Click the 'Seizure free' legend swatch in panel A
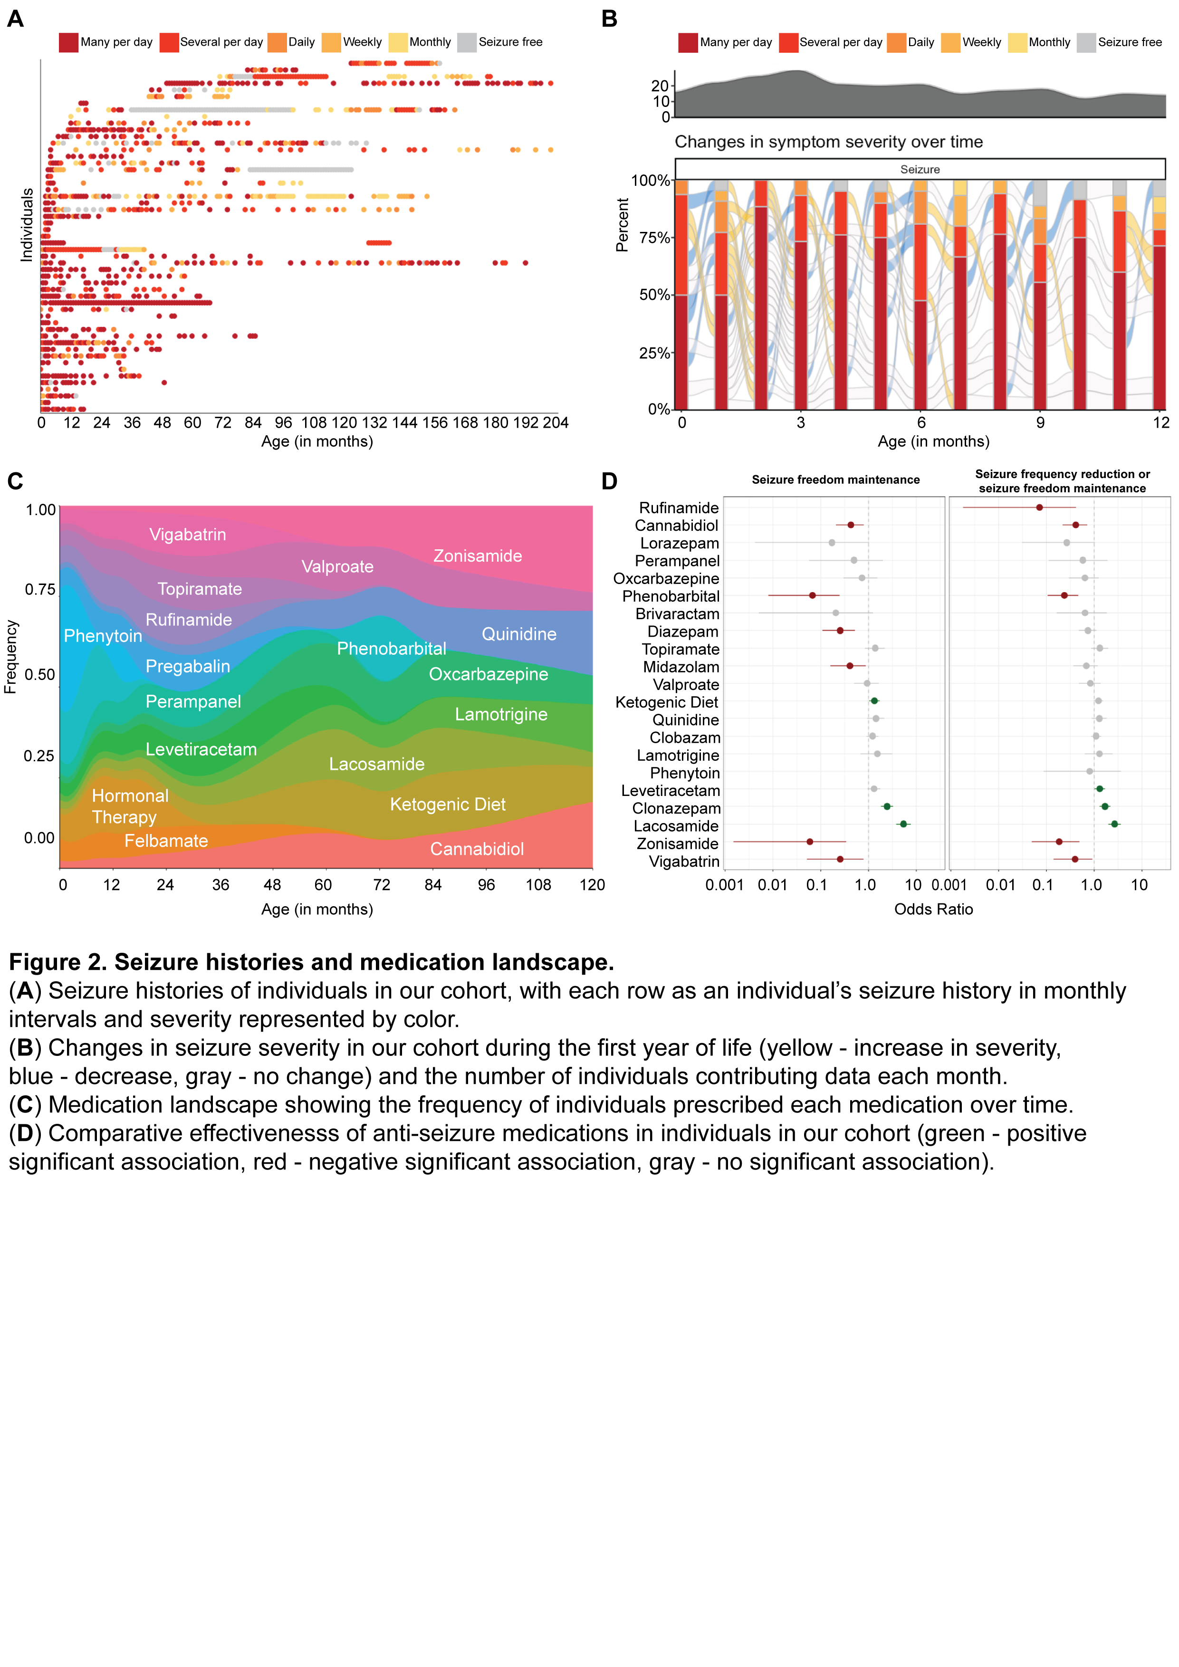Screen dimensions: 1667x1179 click(467, 43)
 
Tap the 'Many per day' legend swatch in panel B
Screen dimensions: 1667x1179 click(688, 43)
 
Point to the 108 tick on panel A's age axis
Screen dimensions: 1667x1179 click(314, 422)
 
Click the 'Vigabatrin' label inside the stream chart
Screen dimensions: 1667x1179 click(187, 535)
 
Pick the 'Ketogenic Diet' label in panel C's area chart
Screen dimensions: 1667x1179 click(447, 805)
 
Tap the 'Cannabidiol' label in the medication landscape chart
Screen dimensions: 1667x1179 click(476, 849)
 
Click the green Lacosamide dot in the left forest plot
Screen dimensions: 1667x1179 click(903, 824)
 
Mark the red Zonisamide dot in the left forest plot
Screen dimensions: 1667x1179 click(809, 842)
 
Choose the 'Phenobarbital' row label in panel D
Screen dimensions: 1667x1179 click(671, 596)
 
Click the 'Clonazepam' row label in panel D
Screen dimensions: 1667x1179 click(676, 808)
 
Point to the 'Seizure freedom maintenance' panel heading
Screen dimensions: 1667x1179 click(835, 480)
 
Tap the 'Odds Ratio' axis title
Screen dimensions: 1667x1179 click(933, 909)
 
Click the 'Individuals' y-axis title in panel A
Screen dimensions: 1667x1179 click(27, 225)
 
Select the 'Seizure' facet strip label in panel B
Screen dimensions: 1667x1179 click(920, 169)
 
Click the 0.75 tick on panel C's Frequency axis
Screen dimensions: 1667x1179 click(41, 590)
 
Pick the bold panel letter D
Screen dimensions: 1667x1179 click(609, 481)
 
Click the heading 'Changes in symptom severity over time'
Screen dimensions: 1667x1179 click(828, 142)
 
